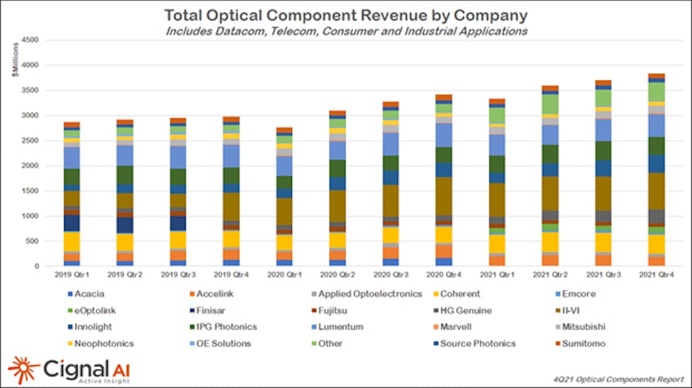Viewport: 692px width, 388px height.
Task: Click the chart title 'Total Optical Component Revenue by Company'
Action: coord(346,14)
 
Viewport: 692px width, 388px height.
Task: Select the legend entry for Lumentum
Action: coord(339,327)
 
